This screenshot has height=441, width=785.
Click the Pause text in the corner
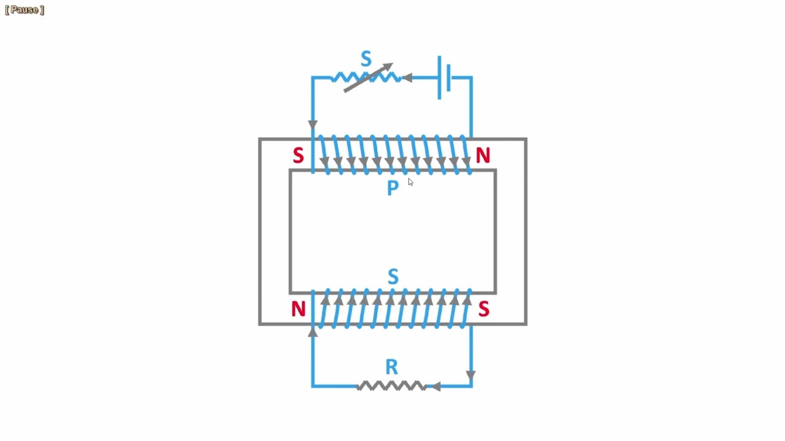pyautogui.click(x=25, y=10)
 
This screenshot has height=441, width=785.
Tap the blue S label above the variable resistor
pyautogui.click(x=366, y=58)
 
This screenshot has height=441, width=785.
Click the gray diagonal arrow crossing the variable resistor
pyautogui.click(x=369, y=77)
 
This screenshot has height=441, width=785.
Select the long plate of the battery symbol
pyautogui.click(x=440, y=77)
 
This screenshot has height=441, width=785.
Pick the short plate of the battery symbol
pyautogui.click(x=448, y=77)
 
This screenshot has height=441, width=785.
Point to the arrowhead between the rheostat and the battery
pyautogui.click(x=407, y=78)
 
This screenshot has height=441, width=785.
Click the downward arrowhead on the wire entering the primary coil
pyautogui.click(x=313, y=124)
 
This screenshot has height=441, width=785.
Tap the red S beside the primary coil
pyautogui.click(x=298, y=156)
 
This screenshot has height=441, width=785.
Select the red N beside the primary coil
pyautogui.click(x=483, y=155)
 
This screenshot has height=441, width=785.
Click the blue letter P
pyautogui.click(x=393, y=187)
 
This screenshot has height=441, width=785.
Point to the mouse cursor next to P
pyautogui.click(x=410, y=182)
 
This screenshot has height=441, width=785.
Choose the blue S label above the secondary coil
pyautogui.click(x=393, y=276)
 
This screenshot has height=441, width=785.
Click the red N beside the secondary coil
pyautogui.click(x=298, y=309)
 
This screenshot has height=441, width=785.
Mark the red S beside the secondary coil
pyautogui.click(x=484, y=309)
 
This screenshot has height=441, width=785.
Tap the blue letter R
pyautogui.click(x=392, y=367)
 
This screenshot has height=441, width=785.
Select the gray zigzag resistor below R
pyautogui.click(x=392, y=386)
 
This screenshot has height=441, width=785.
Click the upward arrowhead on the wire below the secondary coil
pyautogui.click(x=313, y=333)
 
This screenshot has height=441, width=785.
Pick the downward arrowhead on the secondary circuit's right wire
pyautogui.click(x=470, y=375)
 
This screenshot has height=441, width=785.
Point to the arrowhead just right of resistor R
pyautogui.click(x=435, y=386)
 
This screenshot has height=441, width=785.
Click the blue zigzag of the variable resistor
pyautogui.click(x=366, y=77)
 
